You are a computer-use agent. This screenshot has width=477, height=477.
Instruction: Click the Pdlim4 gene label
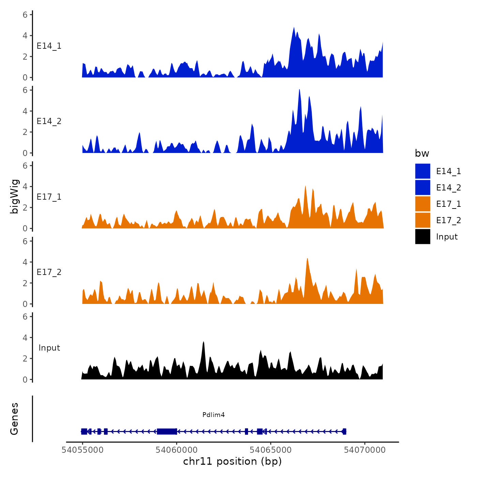(213, 415)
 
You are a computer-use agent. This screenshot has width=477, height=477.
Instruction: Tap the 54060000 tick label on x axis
(176, 450)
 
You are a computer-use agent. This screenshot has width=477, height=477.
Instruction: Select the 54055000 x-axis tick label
(82, 450)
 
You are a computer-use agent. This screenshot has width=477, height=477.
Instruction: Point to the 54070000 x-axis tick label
(365, 450)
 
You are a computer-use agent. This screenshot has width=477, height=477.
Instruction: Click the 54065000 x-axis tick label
(271, 450)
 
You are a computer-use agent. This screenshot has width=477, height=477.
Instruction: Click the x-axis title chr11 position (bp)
(232, 461)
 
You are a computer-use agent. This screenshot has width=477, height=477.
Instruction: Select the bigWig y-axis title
(14, 197)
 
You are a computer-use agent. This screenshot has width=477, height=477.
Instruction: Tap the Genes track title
(14, 419)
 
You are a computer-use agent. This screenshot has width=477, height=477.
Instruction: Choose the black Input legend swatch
(422, 236)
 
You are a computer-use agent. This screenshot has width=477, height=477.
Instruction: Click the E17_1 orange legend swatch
(422, 204)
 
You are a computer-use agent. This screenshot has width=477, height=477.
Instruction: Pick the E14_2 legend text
(448, 188)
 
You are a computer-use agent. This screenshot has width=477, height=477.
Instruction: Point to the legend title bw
(422, 154)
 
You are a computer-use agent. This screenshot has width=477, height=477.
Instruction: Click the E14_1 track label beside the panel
(49, 46)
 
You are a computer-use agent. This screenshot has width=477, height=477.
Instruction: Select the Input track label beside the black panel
(49, 348)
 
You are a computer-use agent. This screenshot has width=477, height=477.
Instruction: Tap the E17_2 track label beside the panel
(49, 272)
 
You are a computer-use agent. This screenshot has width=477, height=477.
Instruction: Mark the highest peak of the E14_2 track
(299, 90)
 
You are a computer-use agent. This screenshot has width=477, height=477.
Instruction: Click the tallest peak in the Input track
(203, 342)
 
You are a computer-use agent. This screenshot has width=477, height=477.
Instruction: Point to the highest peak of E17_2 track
(307, 259)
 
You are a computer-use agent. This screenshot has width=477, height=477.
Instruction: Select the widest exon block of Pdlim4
(167, 431)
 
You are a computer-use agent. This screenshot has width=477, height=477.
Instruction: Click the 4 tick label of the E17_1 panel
(25, 186)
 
